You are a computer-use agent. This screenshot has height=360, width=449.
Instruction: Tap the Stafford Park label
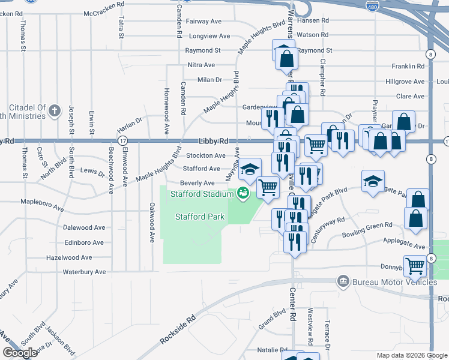(199, 217)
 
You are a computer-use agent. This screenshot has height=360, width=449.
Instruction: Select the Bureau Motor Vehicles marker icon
(343, 281)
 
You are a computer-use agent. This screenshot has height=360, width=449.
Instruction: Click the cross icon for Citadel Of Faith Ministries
(55, 110)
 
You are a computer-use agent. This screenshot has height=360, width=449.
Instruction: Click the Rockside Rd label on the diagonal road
(178, 331)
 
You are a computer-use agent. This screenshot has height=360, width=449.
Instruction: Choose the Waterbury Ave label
(84, 272)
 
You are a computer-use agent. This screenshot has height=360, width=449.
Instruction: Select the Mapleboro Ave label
(42, 208)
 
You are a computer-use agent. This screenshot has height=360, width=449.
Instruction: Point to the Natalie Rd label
(273, 349)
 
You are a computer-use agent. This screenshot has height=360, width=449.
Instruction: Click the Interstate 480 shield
(372, 4)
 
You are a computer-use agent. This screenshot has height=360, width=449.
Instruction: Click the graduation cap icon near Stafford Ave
(250, 169)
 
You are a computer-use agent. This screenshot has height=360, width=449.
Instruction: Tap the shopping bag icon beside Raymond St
(286, 58)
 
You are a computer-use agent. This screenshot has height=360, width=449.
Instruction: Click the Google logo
(20, 353)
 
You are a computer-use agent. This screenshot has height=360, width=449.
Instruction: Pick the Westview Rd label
(310, 327)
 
